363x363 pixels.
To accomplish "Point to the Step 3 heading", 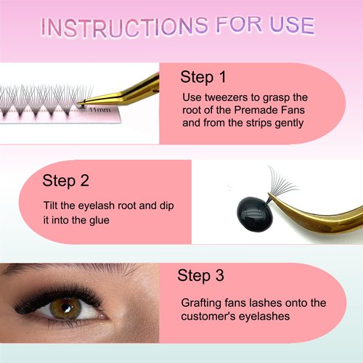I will click(205, 275).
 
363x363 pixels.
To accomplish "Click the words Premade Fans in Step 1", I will click(266, 110).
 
